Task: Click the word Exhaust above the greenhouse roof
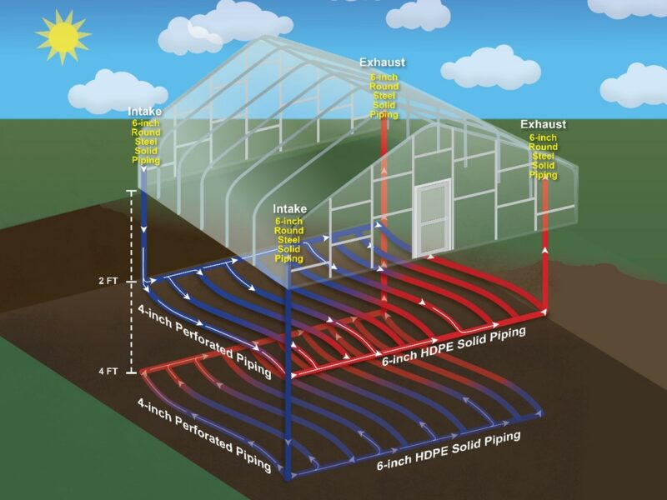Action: click(382, 62)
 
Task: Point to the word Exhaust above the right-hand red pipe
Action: click(543, 124)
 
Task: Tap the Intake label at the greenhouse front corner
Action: click(289, 208)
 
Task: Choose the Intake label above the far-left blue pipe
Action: click(145, 112)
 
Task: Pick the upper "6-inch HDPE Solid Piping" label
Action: click(454, 347)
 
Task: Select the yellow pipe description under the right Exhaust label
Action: click(543, 156)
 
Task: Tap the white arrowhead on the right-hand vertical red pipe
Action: click(544, 247)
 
